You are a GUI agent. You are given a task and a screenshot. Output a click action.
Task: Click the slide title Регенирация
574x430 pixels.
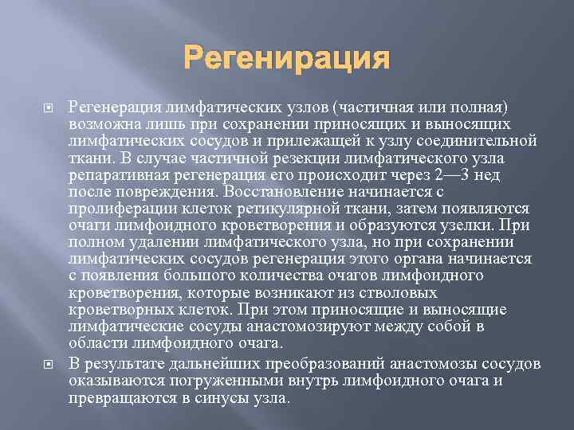pyautogui.click(x=287, y=59)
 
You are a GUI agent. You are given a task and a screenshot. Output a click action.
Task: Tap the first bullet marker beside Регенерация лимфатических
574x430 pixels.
pyautogui.click(x=45, y=107)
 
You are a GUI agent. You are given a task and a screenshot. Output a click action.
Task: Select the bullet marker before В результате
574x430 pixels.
pyautogui.click(x=45, y=363)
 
